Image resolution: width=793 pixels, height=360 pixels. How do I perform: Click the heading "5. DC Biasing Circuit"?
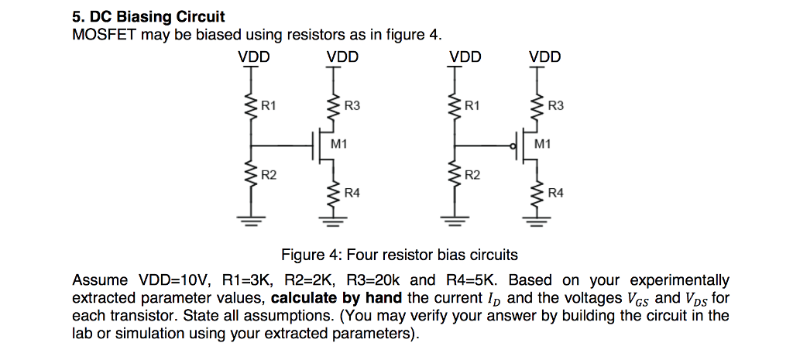[148, 16]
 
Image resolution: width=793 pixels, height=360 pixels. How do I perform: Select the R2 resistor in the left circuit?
[249, 177]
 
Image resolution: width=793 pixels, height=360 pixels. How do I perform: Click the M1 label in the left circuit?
[338, 144]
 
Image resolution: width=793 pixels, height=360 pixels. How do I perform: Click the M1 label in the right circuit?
[544, 144]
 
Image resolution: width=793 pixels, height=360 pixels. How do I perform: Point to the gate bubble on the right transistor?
[513, 145]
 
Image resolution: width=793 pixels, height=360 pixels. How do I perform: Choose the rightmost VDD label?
[544, 57]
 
